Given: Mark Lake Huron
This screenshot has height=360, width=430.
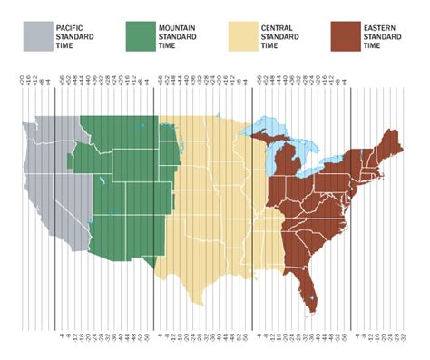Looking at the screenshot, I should [299, 154].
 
